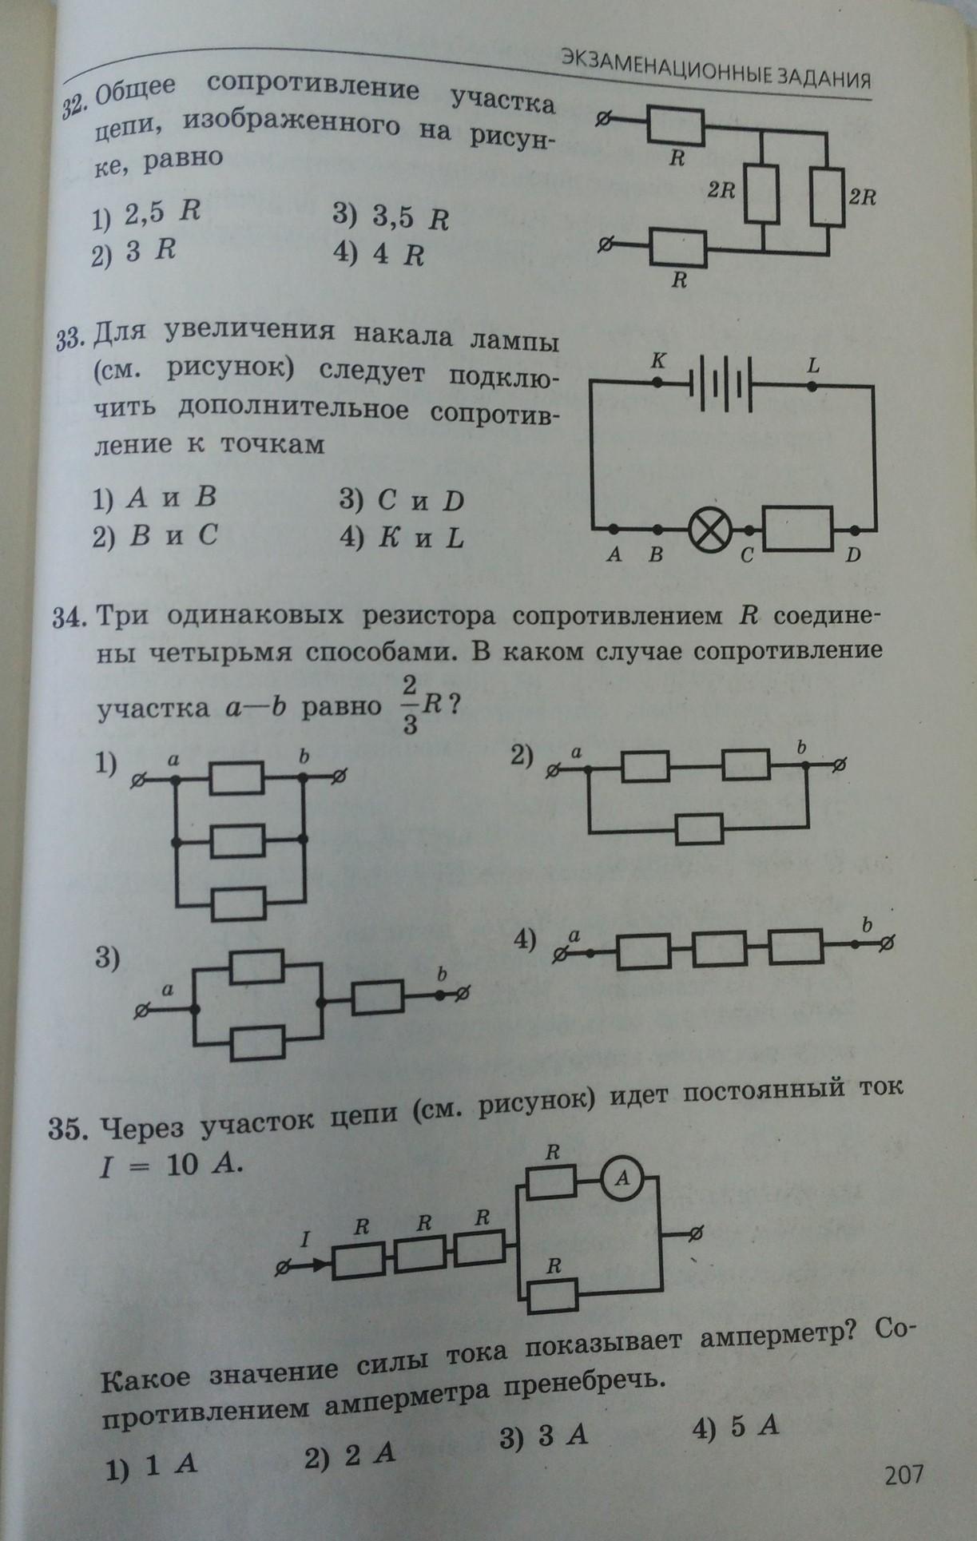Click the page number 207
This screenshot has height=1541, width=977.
[904, 1473]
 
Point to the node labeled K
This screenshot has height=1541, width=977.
[657, 383]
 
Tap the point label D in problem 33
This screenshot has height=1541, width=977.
[852, 555]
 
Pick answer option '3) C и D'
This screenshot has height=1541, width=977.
[401, 501]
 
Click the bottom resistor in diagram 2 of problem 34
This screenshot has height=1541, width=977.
[700, 829]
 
